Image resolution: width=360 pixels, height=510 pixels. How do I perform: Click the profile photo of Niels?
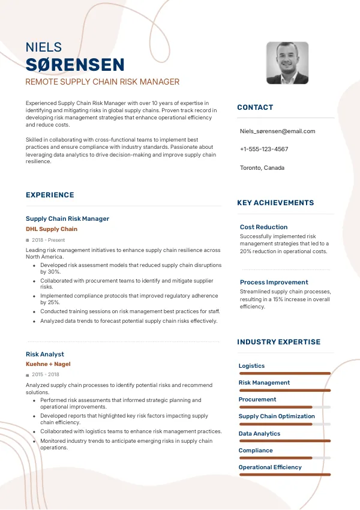(287, 63)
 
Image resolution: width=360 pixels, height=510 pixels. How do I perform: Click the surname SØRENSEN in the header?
(75, 65)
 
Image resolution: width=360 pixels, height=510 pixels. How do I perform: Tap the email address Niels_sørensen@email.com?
(277, 131)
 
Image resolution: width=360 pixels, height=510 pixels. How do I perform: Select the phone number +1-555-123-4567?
(264, 149)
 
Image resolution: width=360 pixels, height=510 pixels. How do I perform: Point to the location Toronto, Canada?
(262, 167)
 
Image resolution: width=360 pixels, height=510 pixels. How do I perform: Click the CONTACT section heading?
(255, 107)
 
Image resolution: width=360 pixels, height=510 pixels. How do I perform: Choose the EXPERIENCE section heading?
(50, 195)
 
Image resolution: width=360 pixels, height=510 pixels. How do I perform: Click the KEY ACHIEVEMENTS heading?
(275, 203)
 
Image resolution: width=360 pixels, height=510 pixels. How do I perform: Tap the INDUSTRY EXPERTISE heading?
(279, 342)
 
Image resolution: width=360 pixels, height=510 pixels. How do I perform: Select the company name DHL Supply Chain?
(52, 229)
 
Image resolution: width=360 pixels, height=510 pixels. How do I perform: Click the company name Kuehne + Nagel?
(48, 364)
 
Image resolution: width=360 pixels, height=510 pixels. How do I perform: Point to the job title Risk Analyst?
(45, 354)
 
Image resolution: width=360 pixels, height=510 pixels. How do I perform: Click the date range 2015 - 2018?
(46, 375)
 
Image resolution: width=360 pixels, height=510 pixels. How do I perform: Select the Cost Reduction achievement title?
(263, 227)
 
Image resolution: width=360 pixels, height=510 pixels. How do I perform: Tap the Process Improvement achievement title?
(274, 282)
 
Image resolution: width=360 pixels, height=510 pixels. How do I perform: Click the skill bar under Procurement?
(284, 407)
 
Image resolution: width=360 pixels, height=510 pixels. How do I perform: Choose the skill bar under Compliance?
(284, 458)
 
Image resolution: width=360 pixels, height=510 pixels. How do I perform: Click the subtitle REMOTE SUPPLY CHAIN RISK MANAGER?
(102, 82)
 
